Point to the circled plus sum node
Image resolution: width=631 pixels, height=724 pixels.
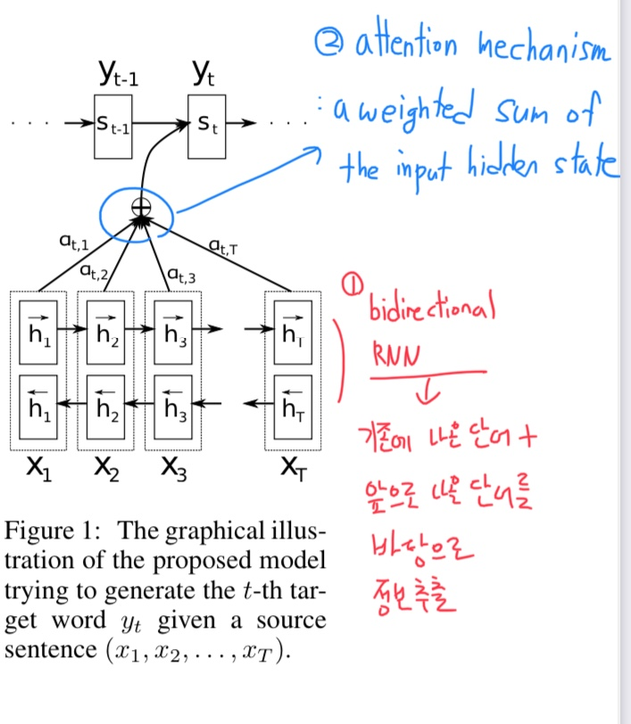coord(140,207)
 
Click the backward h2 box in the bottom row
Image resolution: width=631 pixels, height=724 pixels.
coord(105,406)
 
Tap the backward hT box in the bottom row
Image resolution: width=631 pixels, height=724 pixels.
coord(291,406)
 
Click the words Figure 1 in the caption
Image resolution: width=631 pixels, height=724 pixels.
coord(54,531)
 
